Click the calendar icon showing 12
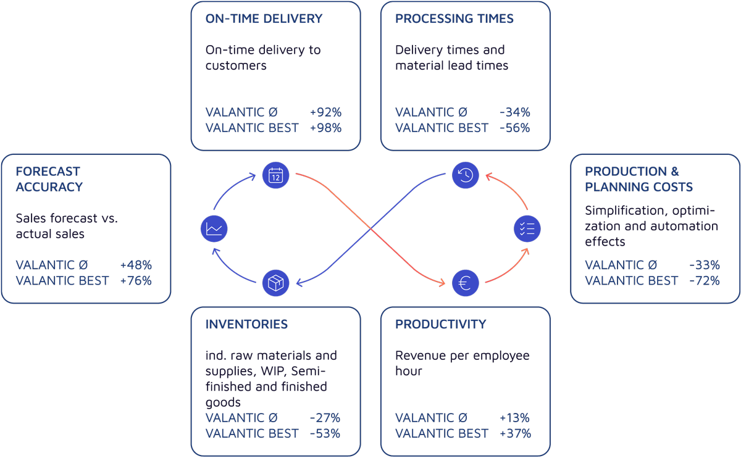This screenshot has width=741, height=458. point(275,175)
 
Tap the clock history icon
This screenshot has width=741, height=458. point(465,175)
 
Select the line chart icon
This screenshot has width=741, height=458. point(214,229)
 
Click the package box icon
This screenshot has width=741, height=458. point(275,283)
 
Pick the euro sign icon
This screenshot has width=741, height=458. point(465,283)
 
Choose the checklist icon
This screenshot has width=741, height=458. point(527,229)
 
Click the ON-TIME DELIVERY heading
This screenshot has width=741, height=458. point(264,19)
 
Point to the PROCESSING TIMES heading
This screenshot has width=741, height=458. point(454,19)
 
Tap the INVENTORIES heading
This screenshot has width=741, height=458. point(246,324)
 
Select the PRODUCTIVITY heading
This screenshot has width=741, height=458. point(440,324)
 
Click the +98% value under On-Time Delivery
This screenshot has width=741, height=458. point(325,128)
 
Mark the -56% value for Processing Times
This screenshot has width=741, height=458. point(514,128)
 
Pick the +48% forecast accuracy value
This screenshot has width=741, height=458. point(136,265)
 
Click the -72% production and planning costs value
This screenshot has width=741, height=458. point(705,280)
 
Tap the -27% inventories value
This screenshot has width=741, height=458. point(325,418)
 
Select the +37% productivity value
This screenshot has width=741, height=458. point(515,433)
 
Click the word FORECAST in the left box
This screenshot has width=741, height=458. point(48,172)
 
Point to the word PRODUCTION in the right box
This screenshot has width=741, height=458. point(617,172)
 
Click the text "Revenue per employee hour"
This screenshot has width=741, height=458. point(462,363)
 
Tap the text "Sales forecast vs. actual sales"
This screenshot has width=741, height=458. point(66,226)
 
